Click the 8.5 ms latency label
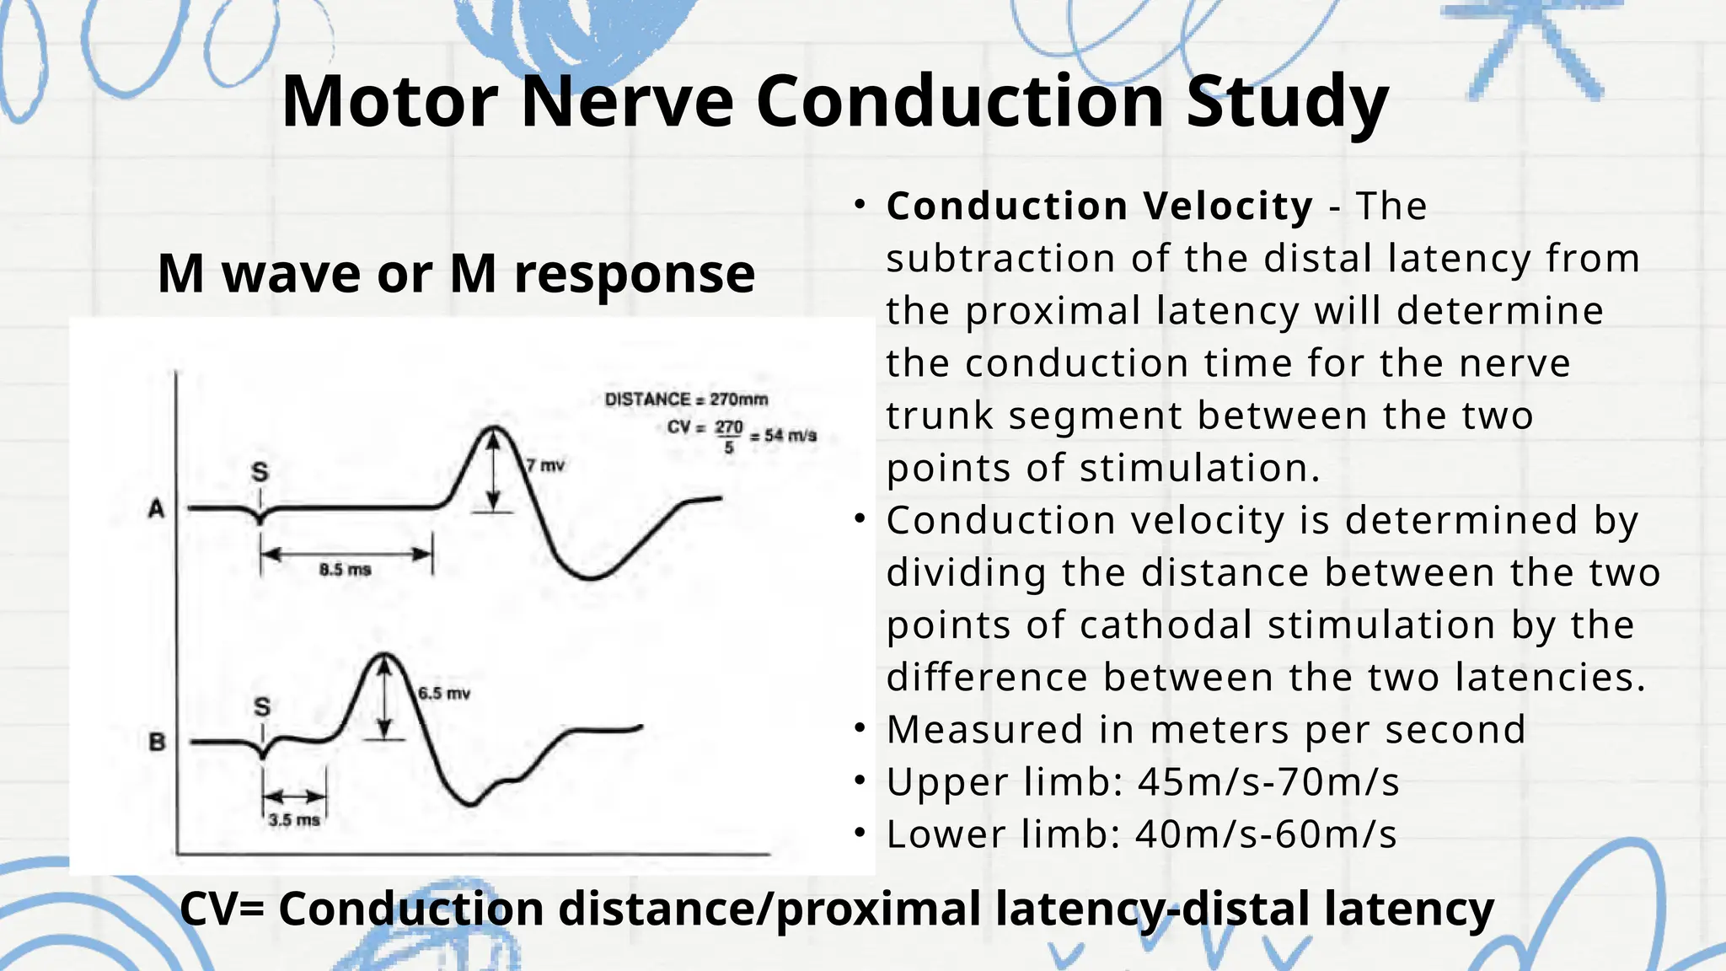point(346,570)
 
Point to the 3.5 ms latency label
point(294,820)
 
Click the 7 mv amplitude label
point(545,464)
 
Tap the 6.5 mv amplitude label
point(444,694)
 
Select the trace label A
point(157,509)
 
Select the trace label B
point(158,743)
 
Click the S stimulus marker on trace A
point(260,473)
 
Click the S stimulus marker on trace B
point(262,706)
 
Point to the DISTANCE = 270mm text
point(686,400)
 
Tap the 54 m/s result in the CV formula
point(790,436)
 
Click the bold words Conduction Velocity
point(1099,207)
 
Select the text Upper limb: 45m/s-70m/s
point(1143,782)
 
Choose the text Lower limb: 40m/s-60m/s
point(1141,834)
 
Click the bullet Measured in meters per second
point(1206,730)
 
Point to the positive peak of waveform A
point(494,429)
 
